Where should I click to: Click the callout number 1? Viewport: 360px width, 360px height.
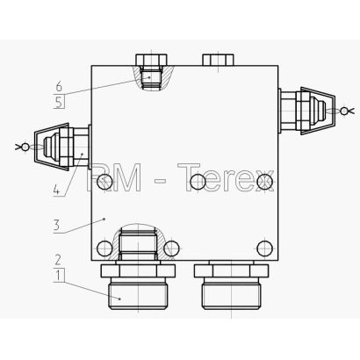pos(60,276)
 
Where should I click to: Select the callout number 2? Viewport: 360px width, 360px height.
pos(58,260)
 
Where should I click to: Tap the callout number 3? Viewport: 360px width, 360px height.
pos(56,226)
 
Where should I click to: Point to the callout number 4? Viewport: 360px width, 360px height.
pos(56,191)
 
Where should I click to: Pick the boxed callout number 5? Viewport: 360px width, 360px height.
pos(59,103)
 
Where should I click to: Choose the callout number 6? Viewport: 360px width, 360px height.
pos(59,87)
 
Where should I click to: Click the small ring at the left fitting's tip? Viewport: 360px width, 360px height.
pos(25,147)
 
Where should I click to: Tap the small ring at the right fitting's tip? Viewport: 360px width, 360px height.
pos(344,111)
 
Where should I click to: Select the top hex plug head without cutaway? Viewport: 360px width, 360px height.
pos(218,60)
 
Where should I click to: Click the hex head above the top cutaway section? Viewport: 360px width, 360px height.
pos(151,60)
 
